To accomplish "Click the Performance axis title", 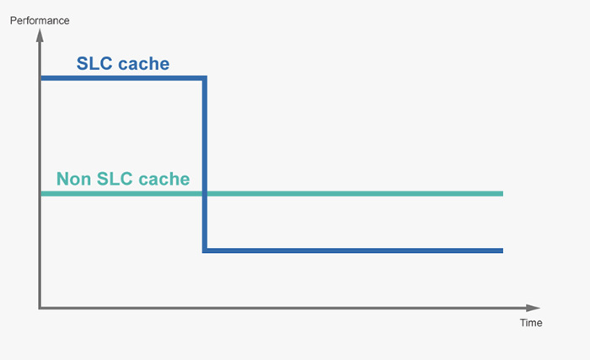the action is pos(40,20).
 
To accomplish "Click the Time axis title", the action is pos(531,323).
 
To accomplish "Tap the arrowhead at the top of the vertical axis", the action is pos(40,35).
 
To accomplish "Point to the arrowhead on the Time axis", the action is pos(534,308).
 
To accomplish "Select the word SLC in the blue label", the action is pos(94,63).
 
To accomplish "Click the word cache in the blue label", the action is pos(144,64).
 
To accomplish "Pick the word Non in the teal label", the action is pos(73,179).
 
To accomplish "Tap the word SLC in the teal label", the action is pos(115,179).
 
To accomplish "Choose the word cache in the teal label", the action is pos(164,180).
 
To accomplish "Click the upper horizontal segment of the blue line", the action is pos(124,78).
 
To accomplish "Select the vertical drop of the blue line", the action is pos(205,164).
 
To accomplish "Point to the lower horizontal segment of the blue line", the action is pos(352,250).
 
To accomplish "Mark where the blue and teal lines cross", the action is pos(205,194).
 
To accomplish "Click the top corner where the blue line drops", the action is pos(205,78).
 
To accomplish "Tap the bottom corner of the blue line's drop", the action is pos(205,250).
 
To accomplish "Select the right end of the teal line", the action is pos(502,194).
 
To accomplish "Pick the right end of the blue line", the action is pos(502,250).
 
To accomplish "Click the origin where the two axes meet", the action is pos(40,308).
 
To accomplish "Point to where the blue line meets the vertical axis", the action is pos(40,78).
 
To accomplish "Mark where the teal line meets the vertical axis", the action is pos(40,194).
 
